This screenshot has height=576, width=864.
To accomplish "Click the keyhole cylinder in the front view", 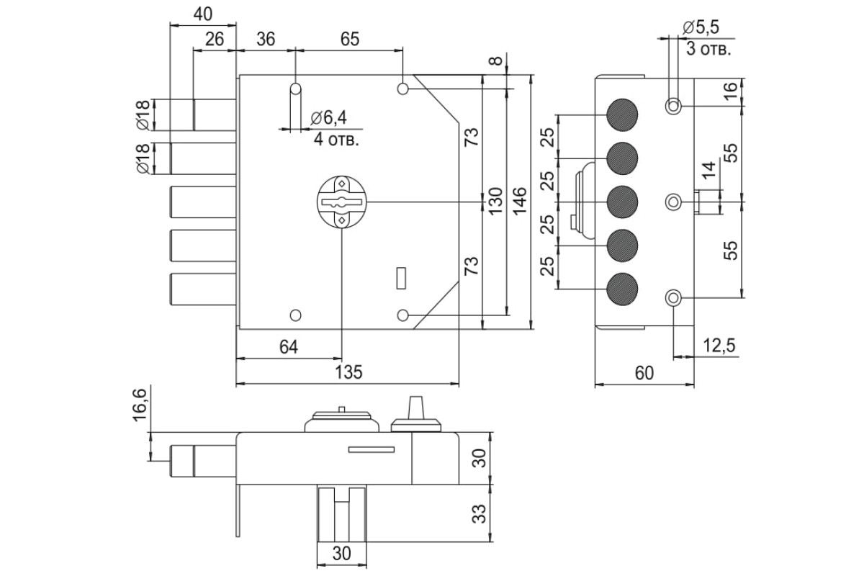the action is [341, 202].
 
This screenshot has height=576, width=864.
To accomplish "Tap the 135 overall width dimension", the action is [348, 373].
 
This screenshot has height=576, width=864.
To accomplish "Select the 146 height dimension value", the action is [520, 202].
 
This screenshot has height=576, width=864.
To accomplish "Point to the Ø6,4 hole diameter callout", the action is [328, 117].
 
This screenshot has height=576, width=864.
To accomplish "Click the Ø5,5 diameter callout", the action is [701, 27].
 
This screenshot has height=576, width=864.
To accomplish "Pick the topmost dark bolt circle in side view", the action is [622, 115].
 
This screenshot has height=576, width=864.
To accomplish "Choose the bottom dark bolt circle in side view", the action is [622, 289].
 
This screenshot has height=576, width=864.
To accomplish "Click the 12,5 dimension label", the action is [719, 346].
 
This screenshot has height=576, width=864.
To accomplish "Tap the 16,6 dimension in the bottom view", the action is [140, 405].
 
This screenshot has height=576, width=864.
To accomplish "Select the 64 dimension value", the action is [289, 347].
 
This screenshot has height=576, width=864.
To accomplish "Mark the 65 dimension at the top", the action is [350, 39].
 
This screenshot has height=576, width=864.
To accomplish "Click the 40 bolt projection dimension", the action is [203, 14].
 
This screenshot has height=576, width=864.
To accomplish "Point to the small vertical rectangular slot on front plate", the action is [401, 278].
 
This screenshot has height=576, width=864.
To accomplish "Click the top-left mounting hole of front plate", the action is [295, 89].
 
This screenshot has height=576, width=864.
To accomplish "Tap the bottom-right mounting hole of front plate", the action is [402, 315].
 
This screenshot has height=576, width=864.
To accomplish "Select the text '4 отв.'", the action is [336, 139].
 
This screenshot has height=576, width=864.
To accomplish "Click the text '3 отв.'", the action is [708, 50].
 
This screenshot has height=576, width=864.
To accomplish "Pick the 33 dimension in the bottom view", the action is [479, 513].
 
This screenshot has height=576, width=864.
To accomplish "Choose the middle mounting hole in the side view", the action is [673, 202].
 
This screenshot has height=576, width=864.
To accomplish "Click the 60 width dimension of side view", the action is [644, 373].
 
